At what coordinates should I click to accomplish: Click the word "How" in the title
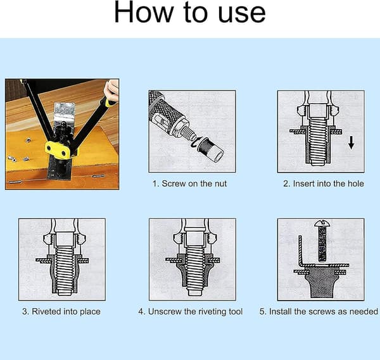(x=144, y=12)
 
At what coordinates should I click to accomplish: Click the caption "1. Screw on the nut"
(x=189, y=183)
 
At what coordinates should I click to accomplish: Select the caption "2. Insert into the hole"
(x=324, y=183)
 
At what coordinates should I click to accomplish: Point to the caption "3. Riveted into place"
(x=61, y=311)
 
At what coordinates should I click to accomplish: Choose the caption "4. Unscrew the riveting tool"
(x=191, y=311)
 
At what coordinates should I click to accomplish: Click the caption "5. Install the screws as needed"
(x=319, y=311)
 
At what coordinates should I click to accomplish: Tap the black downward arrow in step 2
(x=351, y=142)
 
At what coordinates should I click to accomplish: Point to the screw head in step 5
(x=322, y=224)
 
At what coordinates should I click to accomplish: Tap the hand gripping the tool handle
(x=111, y=90)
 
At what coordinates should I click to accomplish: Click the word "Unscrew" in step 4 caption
(x=165, y=311)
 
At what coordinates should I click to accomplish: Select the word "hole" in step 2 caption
(x=356, y=183)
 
